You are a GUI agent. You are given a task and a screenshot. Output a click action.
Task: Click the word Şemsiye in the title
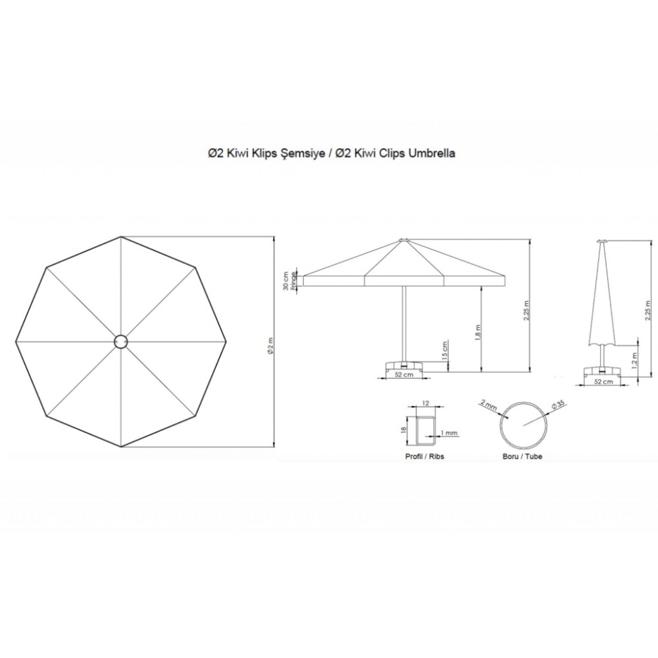(302, 153)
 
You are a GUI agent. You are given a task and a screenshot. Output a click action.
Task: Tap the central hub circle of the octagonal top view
(121, 342)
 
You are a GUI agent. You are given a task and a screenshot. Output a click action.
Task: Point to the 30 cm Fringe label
(289, 281)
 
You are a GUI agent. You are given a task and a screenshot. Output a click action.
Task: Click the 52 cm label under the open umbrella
(404, 374)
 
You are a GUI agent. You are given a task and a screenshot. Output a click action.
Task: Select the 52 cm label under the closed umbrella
(604, 382)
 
